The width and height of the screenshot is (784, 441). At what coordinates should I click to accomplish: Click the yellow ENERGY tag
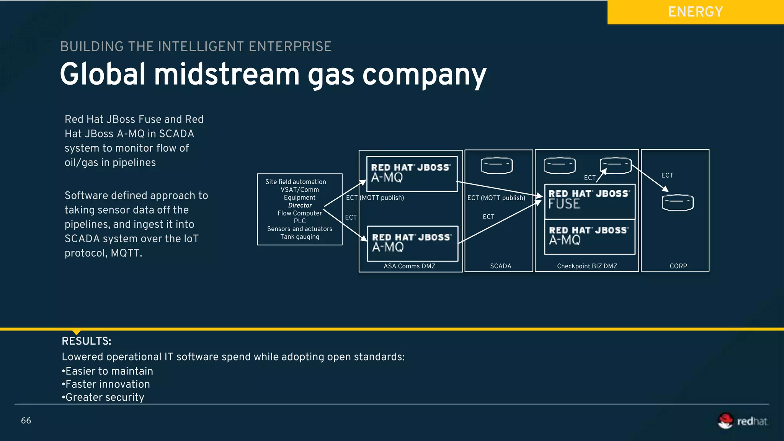click(x=695, y=12)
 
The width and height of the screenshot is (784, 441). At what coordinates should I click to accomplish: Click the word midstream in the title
click(x=227, y=75)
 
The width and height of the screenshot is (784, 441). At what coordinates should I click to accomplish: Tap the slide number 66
click(x=26, y=420)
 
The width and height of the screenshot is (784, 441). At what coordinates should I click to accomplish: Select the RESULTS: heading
click(x=87, y=341)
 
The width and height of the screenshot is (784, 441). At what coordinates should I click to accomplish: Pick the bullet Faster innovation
click(x=106, y=384)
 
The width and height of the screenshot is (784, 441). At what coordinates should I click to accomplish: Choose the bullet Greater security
click(x=103, y=397)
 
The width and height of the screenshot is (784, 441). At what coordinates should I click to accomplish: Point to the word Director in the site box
click(x=300, y=205)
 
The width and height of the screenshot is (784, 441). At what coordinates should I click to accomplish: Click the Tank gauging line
click(x=300, y=237)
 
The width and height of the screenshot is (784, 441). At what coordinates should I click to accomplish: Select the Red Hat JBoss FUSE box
click(x=590, y=201)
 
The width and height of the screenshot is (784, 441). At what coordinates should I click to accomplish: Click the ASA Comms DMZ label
click(x=410, y=266)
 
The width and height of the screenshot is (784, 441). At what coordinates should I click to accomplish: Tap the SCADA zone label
click(x=501, y=266)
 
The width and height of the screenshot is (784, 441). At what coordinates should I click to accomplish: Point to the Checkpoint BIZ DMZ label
click(x=587, y=266)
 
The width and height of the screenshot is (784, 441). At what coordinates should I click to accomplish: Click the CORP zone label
click(x=678, y=266)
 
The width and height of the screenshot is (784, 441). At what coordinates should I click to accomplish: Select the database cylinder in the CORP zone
click(x=678, y=203)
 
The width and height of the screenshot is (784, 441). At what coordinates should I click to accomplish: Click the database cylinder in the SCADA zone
click(x=497, y=165)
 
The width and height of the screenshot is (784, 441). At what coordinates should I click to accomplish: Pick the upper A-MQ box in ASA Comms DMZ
click(x=412, y=174)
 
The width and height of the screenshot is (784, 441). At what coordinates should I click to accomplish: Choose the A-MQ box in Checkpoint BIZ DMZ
click(x=590, y=237)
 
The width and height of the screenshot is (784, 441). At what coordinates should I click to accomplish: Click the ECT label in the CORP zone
click(x=667, y=175)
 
